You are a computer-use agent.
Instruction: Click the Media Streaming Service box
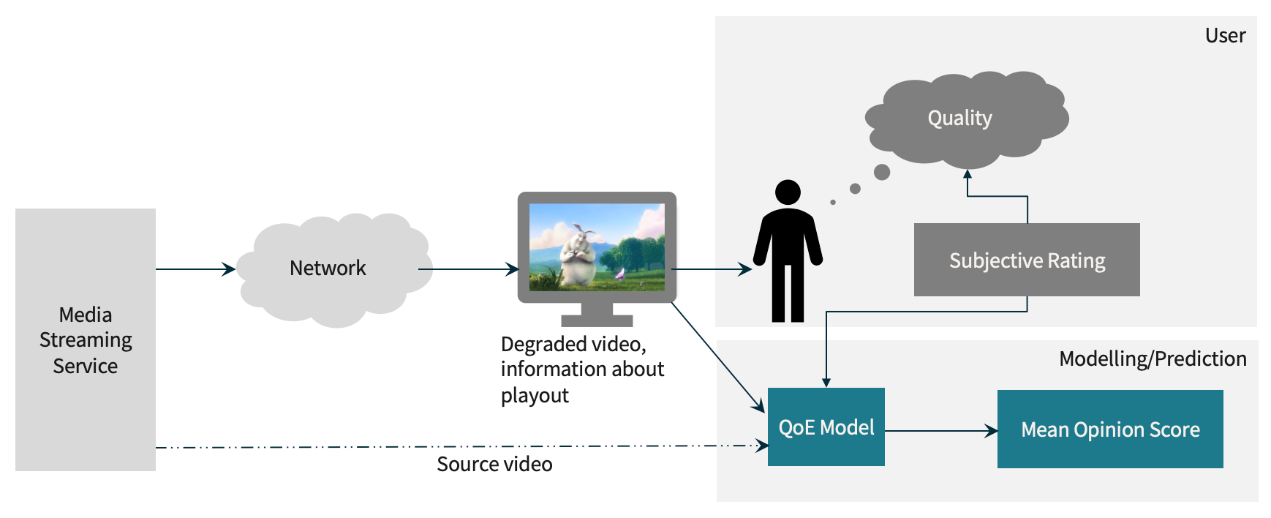click(86, 339)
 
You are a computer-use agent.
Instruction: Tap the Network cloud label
click(328, 269)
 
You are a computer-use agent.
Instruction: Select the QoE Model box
click(826, 427)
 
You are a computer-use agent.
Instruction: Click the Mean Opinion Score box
click(1109, 429)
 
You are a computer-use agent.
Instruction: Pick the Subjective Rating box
click(1026, 260)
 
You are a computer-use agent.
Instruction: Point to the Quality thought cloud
click(959, 119)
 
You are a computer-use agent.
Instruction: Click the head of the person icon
click(788, 192)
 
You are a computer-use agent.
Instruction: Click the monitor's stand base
click(597, 320)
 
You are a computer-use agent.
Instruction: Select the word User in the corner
click(1225, 36)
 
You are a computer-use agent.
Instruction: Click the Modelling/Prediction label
click(1153, 359)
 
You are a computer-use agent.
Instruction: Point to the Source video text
click(494, 465)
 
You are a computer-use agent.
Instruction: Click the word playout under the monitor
click(535, 396)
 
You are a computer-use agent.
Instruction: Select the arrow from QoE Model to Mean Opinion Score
click(940, 431)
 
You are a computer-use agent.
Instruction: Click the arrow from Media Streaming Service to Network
click(195, 269)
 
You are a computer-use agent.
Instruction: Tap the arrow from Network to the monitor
click(468, 269)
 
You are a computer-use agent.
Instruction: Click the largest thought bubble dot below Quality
click(882, 172)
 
